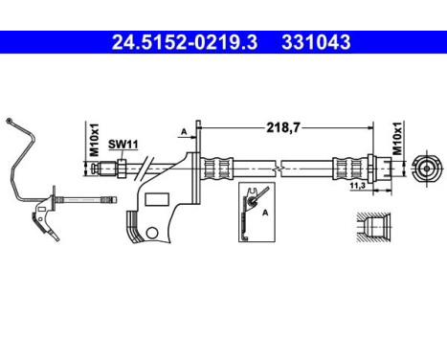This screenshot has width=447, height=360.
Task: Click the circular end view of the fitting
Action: [x=425, y=169]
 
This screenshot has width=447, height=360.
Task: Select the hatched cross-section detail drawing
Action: [x=371, y=230]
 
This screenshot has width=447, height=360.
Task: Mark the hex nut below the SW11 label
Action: [x=122, y=168]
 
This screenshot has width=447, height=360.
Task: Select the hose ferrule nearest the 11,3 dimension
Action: [x=346, y=169]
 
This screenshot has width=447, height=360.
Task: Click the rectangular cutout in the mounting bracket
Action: [x=155, y=199]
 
